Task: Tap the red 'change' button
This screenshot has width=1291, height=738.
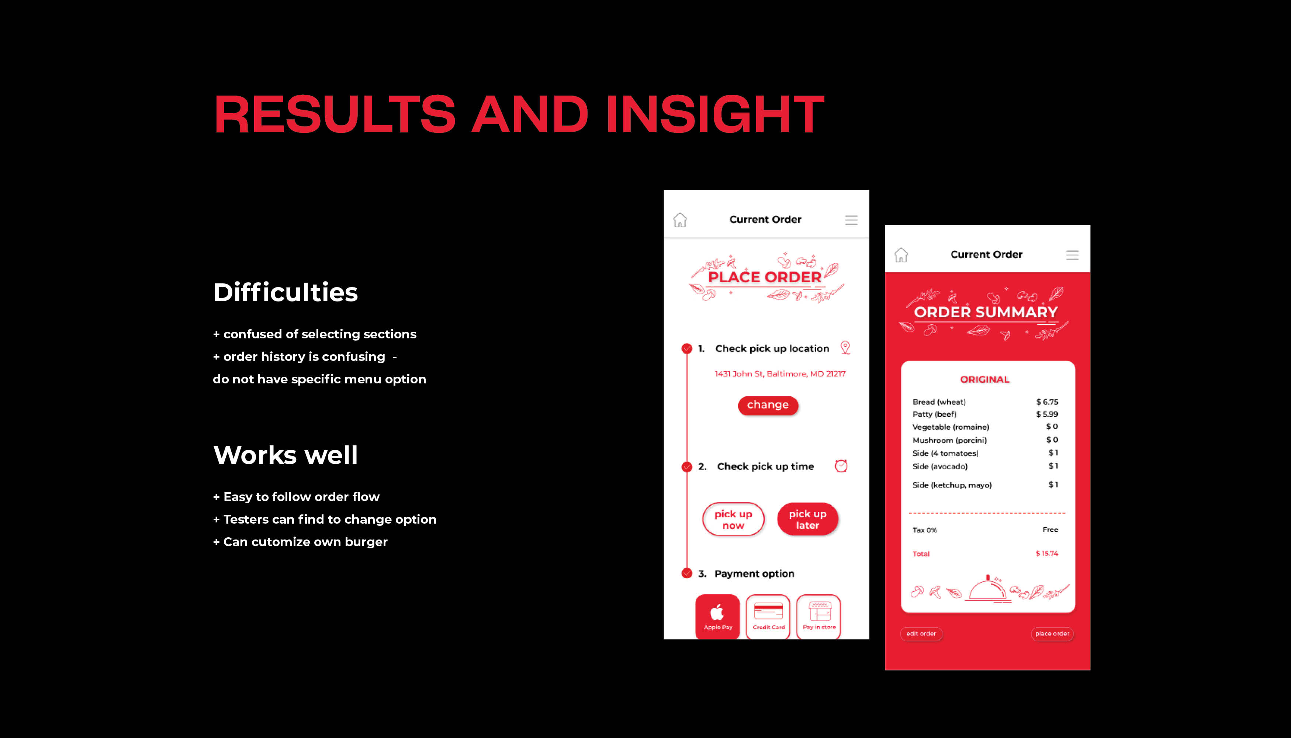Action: click(768, 405)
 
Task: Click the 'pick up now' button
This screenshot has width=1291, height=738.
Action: click(733, 519)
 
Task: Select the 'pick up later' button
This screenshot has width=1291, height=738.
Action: click(808, 519)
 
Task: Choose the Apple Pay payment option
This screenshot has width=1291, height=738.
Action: click(717, 616)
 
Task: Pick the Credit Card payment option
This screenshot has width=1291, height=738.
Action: click(768, 616)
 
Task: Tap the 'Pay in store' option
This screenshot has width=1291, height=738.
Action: click(819, 616)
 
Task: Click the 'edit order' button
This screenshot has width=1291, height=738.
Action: click(921, 634)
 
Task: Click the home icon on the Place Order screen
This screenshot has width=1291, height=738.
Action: click(680, 220)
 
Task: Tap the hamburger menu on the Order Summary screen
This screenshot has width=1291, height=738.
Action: click(1072, 255)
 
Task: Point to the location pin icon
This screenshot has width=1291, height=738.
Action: click(845, 347)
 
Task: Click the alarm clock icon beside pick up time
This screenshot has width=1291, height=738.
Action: click(841, 466)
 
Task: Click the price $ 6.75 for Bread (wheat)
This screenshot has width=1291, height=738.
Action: click(1047, 402)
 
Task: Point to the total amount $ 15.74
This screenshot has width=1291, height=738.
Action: click(1047, 553)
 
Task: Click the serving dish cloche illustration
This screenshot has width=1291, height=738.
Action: click(987, 589)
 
